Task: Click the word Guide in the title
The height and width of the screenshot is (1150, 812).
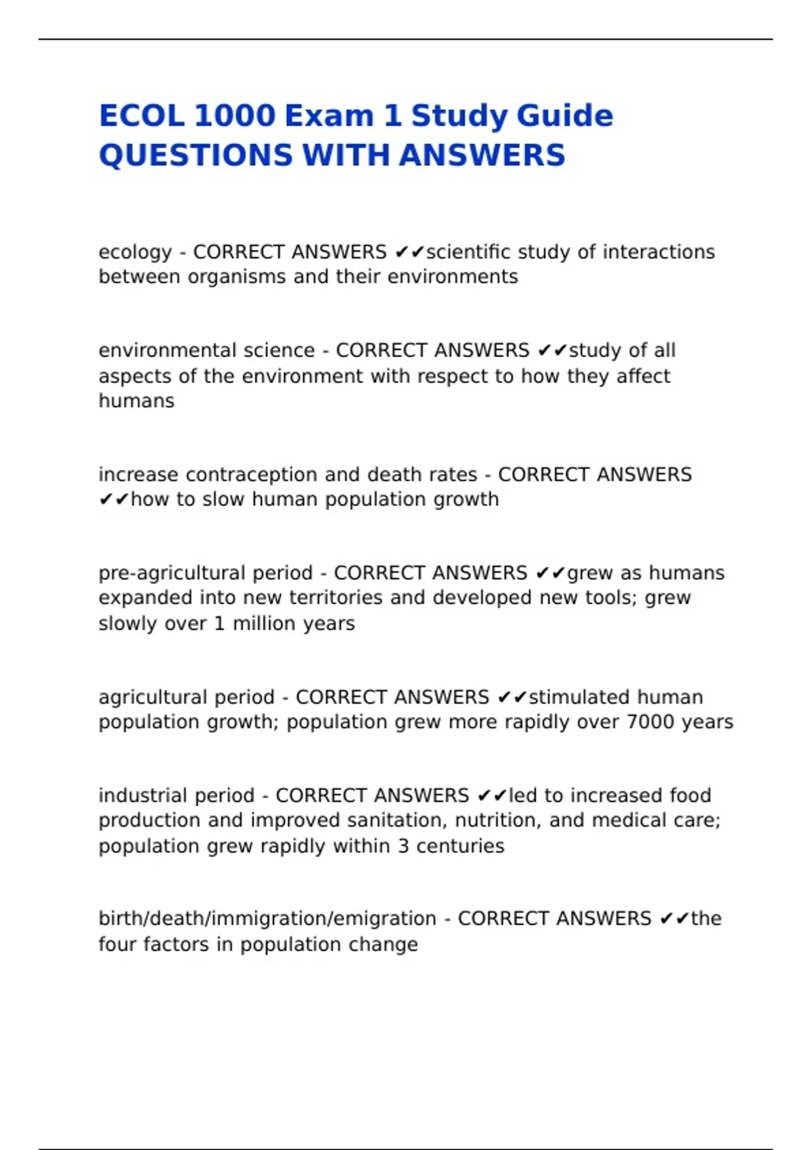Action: click(572, 116)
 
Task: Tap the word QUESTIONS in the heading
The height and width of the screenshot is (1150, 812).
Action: click(195, 155)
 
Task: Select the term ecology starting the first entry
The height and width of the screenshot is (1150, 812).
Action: click(135, 252)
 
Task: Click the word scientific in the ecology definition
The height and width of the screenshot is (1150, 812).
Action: click(468, 252)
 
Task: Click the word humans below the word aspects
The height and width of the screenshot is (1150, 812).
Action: click(136, 400)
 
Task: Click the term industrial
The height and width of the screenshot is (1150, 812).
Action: click(141, 795)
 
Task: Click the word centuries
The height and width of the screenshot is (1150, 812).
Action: click(460, 846)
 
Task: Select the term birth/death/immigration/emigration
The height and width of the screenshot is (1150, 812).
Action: click(267, 919)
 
